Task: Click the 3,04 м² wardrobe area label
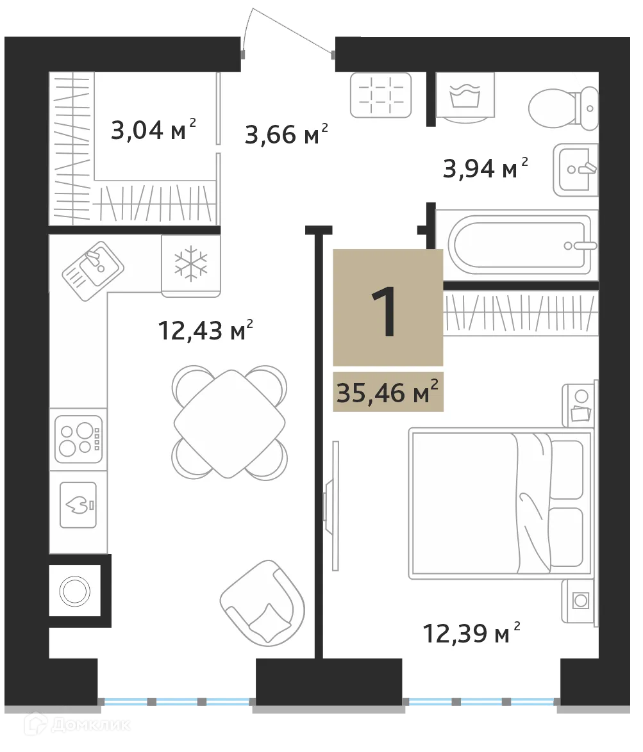(153, 131)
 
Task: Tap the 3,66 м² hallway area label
(287, 135)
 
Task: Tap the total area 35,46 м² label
(388, 392)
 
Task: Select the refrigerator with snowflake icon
(191, 264)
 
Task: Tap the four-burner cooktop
(77, 439)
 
